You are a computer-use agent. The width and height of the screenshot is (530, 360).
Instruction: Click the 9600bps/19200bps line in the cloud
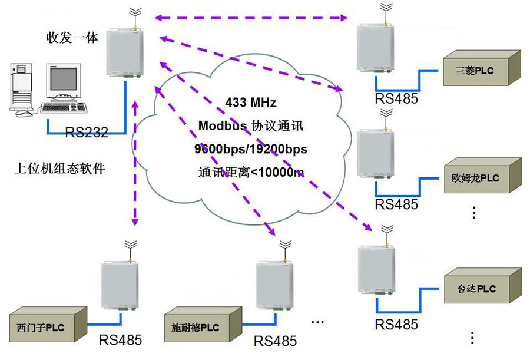pyautogui.click(x=250, y=150)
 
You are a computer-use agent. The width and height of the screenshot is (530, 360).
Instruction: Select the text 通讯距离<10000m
pyautogui.click(x=250, y=173)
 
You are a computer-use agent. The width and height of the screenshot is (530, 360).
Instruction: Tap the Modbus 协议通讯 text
pyautogui.click(x=250, y=126)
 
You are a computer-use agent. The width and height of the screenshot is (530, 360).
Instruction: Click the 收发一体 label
pyautogui.click(x=72, y=38)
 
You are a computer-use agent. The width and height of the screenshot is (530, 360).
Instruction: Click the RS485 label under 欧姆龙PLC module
pyautogui.click(x=396, y=205)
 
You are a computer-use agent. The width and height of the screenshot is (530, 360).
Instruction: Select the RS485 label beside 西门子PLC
pyautogui.click(x=120, y=341)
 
